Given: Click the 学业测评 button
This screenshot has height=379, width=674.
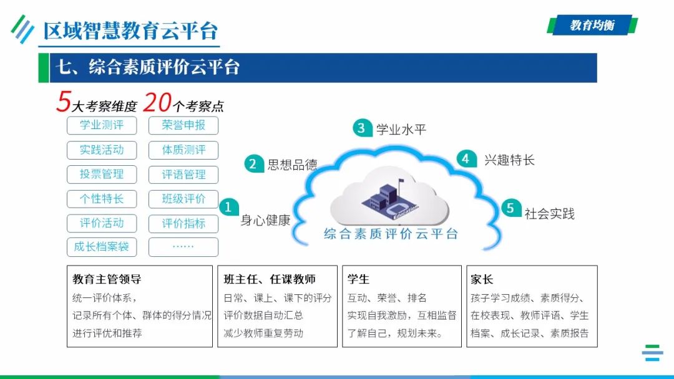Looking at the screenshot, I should (102, 125).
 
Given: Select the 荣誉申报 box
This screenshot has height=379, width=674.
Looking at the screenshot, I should (183, 125).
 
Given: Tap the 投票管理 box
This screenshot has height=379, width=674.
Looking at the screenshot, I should (102, 175).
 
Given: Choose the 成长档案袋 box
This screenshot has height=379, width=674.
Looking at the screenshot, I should (102, 247).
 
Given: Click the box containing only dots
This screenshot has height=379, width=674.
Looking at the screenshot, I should (183, 247).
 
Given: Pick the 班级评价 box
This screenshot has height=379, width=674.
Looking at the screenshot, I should (183, 199).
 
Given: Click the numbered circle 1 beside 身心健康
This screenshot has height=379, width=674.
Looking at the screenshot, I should (228, 206).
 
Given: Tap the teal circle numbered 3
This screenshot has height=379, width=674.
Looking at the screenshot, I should (361, 128).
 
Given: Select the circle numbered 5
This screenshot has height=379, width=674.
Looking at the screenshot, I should (510, 208).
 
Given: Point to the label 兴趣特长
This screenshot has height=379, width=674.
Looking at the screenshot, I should (509, 160).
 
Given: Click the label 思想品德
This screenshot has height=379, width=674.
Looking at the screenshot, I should (292, 165).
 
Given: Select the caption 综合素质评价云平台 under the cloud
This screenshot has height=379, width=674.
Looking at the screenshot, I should (391, 234).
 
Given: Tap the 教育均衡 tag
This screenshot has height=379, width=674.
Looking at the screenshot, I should (592, 26).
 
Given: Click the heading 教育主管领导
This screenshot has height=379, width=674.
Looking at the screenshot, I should (107, 280).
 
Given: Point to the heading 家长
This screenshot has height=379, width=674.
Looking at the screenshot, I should (482, 280).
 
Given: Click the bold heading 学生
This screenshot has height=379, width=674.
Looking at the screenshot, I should (358, 280).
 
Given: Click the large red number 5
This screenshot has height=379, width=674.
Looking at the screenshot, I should (63, 102).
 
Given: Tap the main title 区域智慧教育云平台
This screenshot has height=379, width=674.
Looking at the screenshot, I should (130, 31).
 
